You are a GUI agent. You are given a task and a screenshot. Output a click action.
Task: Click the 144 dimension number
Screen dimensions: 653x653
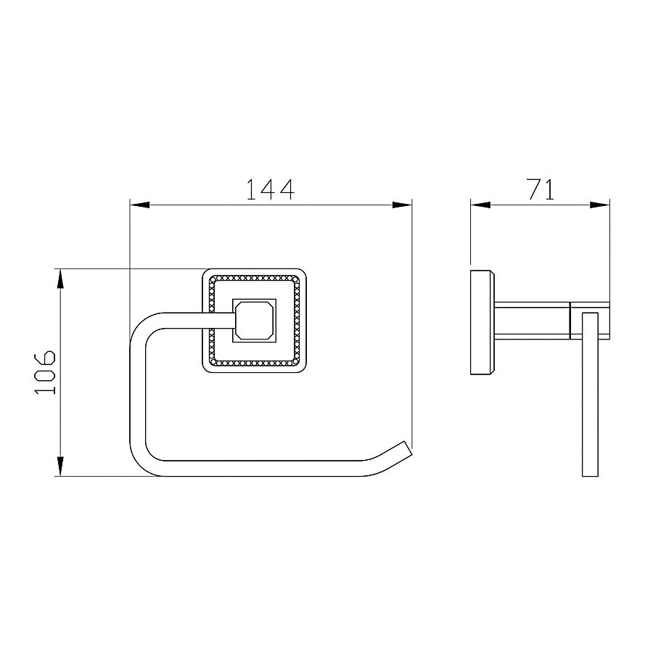[271, 189]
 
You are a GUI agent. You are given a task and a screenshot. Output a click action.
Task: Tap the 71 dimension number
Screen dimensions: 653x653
[541, 189]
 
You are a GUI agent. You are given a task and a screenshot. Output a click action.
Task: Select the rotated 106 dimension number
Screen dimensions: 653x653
[45, 372]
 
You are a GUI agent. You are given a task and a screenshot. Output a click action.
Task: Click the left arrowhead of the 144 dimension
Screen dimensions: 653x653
[139, 205]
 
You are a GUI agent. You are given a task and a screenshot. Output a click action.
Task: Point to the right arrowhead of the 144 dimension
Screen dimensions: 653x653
[402, 205]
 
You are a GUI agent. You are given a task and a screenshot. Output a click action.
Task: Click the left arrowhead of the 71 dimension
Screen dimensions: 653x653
[480, 205]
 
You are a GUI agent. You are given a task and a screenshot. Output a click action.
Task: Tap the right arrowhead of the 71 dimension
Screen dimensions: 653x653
[600, 205]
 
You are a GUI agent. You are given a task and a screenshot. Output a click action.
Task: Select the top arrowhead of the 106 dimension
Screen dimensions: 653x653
[60, 279]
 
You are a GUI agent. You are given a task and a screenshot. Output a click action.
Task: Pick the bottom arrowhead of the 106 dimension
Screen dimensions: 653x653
[60, 467]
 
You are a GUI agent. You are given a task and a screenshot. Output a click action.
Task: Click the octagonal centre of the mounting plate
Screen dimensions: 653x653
[254, 320]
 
